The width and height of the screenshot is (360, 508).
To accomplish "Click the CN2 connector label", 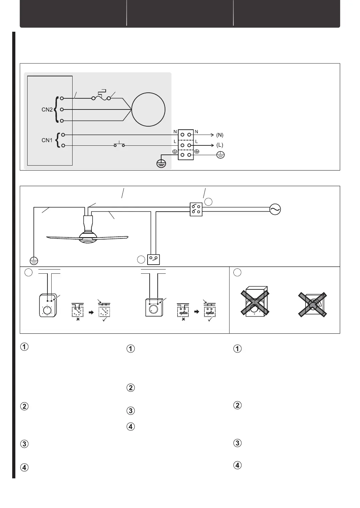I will tap(47, 109).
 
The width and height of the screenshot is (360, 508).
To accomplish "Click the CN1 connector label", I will tap(47, 141).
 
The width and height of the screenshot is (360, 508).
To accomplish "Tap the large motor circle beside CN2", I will tap(148, 109).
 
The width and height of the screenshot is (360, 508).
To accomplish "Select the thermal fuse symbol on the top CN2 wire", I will tap(101, 97).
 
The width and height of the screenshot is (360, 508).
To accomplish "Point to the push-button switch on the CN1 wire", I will tap(119, 144).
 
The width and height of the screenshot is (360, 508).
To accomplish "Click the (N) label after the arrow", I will tap(220, 135).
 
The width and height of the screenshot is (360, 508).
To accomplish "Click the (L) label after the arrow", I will tap(220, 145).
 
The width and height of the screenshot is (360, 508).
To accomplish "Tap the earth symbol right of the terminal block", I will tap(220, 155).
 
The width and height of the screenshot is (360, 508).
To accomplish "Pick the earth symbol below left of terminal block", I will tap(161, 163).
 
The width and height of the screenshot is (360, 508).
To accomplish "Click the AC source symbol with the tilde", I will tap(275, 210).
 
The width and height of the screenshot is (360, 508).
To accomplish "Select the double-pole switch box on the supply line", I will tap(196, 209).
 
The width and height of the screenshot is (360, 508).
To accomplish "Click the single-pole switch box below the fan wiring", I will tap(154, 259).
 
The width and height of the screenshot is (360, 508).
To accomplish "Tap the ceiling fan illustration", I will tap(88, 232).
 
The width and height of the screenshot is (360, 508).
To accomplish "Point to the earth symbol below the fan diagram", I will tap(34, 260).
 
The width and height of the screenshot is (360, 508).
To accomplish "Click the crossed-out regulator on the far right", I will tap(313, 304).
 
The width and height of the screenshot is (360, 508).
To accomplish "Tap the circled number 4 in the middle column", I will tap(130, 426).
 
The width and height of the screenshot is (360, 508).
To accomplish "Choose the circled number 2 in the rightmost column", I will tap(237, 405).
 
